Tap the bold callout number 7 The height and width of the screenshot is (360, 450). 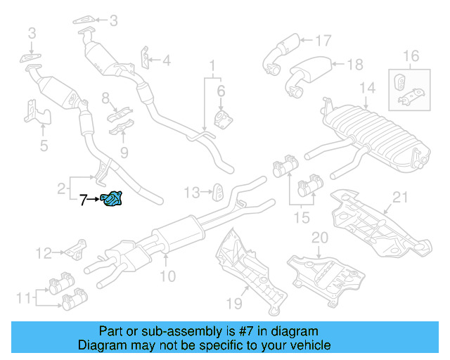83,200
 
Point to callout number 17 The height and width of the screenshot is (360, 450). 323,40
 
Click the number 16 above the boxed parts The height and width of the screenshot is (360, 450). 410,56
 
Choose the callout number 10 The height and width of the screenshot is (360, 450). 167,276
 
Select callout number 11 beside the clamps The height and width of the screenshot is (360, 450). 23,298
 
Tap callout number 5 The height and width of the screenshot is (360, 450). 44,146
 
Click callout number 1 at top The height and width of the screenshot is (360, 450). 210,67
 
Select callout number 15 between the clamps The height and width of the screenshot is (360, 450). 302,218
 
